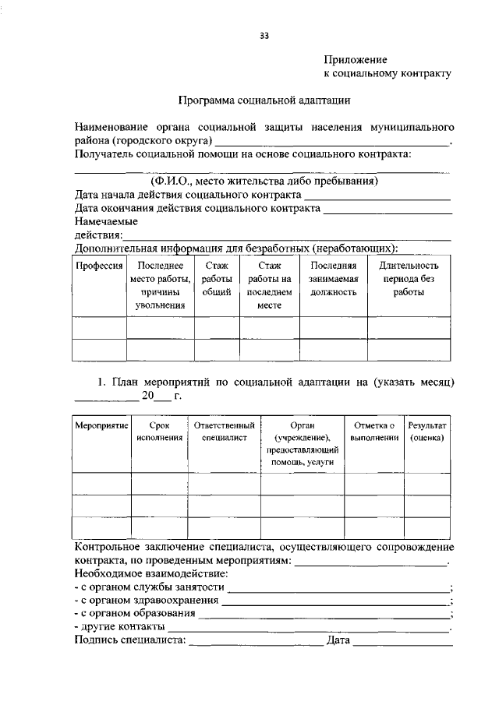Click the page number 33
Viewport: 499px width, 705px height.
click(x=264, y=34)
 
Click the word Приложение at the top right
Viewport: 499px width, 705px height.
click(x=356, y=58)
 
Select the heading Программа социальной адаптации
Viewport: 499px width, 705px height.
click(x=263, y=100)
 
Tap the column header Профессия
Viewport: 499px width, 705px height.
click(x=99, y=266)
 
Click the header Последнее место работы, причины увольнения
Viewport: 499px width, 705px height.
click(x=160, y=286)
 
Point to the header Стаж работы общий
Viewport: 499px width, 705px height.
click(x=217, y=279)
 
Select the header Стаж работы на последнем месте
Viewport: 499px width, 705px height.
click(x=269, y=286)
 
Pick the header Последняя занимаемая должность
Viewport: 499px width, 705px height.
click(x=333, y=279)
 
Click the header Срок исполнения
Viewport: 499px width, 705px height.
click(x=159, y=432)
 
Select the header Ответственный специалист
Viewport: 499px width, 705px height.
click(x=225, y=432)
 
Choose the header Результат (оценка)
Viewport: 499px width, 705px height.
click(x=427, y=432)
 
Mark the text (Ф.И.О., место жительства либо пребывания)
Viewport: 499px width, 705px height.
click(x=264, y=181)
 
